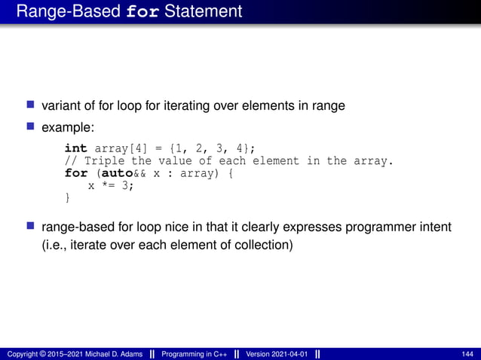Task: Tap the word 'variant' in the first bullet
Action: (61, 106)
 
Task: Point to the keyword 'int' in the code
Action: (75, 148)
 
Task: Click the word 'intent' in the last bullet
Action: (434, 227)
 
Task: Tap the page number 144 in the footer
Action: (467, 353)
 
